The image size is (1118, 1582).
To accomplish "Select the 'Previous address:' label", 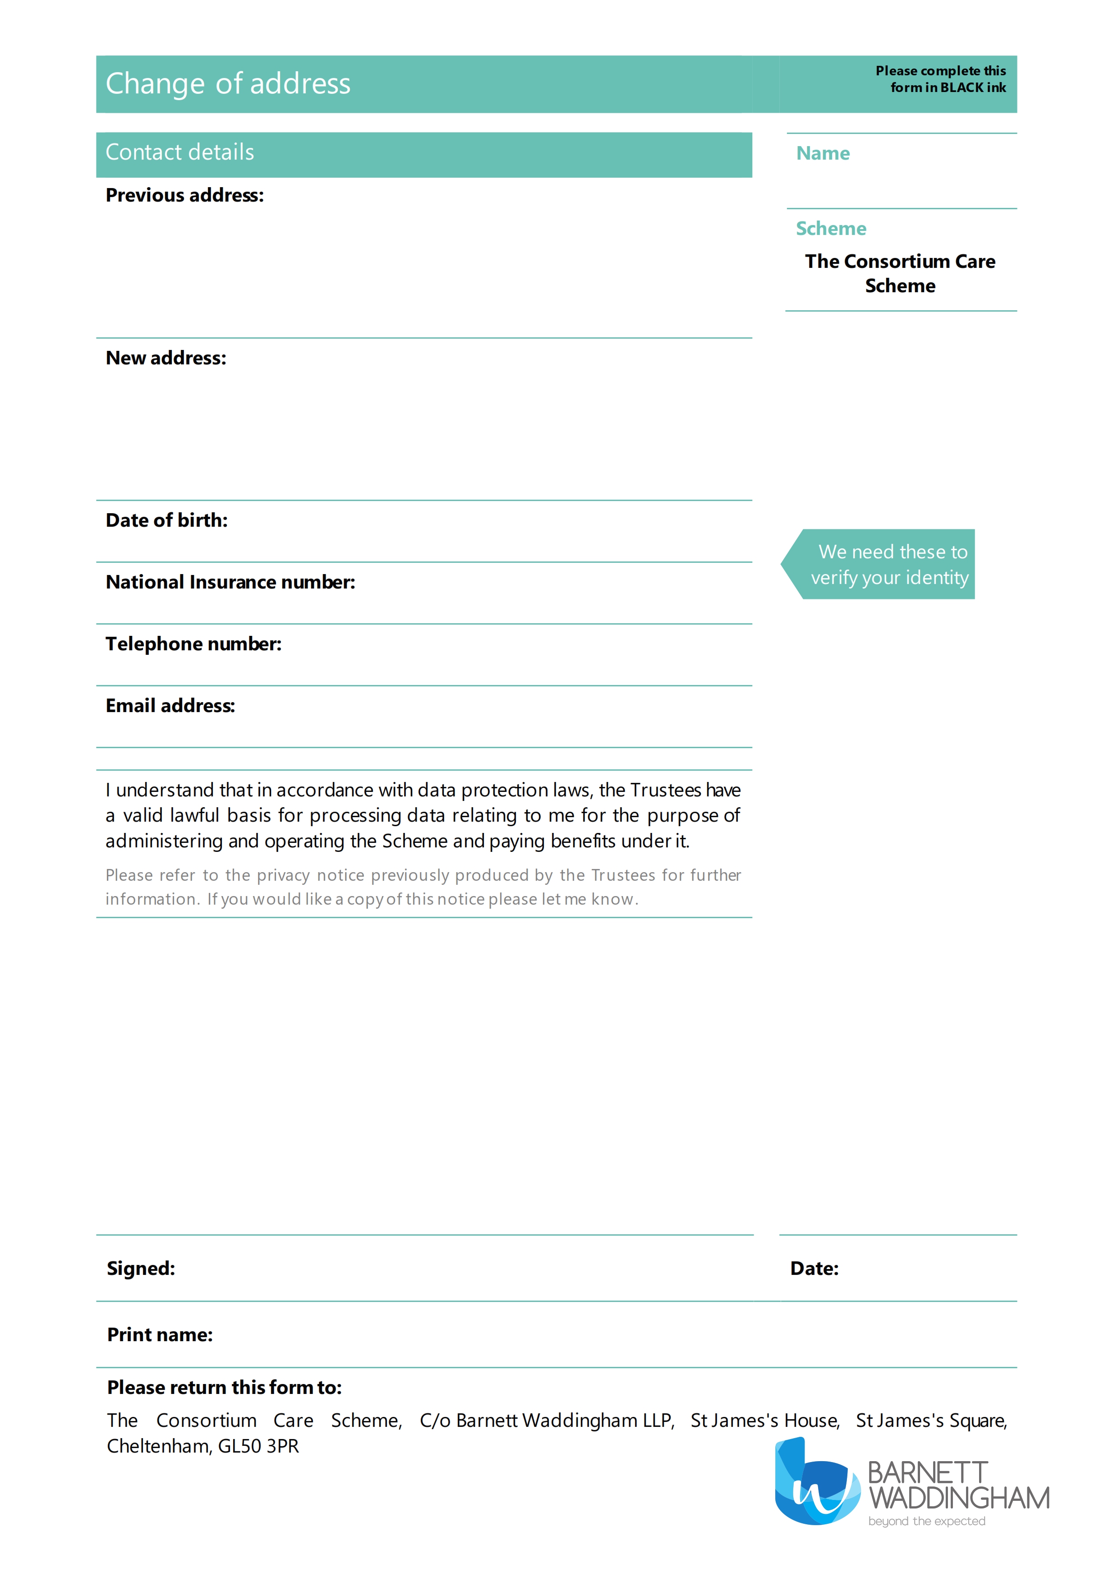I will (184, 196).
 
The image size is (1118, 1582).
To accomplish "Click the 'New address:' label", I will (166, 358).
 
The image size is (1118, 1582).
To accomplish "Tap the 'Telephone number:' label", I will (193, 644).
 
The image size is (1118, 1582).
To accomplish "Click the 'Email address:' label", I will (170, 706).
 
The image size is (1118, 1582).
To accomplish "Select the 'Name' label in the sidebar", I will (823, 154).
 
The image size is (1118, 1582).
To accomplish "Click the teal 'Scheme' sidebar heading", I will (831, 229).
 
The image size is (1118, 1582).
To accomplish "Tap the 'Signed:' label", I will (141, 1269).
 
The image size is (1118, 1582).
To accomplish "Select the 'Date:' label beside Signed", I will (814, 1269).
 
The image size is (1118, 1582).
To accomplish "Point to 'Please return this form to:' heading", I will (224, 1387).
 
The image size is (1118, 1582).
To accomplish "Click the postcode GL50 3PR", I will (258, 1446).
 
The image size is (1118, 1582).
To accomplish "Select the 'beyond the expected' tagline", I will (926, 1522).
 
